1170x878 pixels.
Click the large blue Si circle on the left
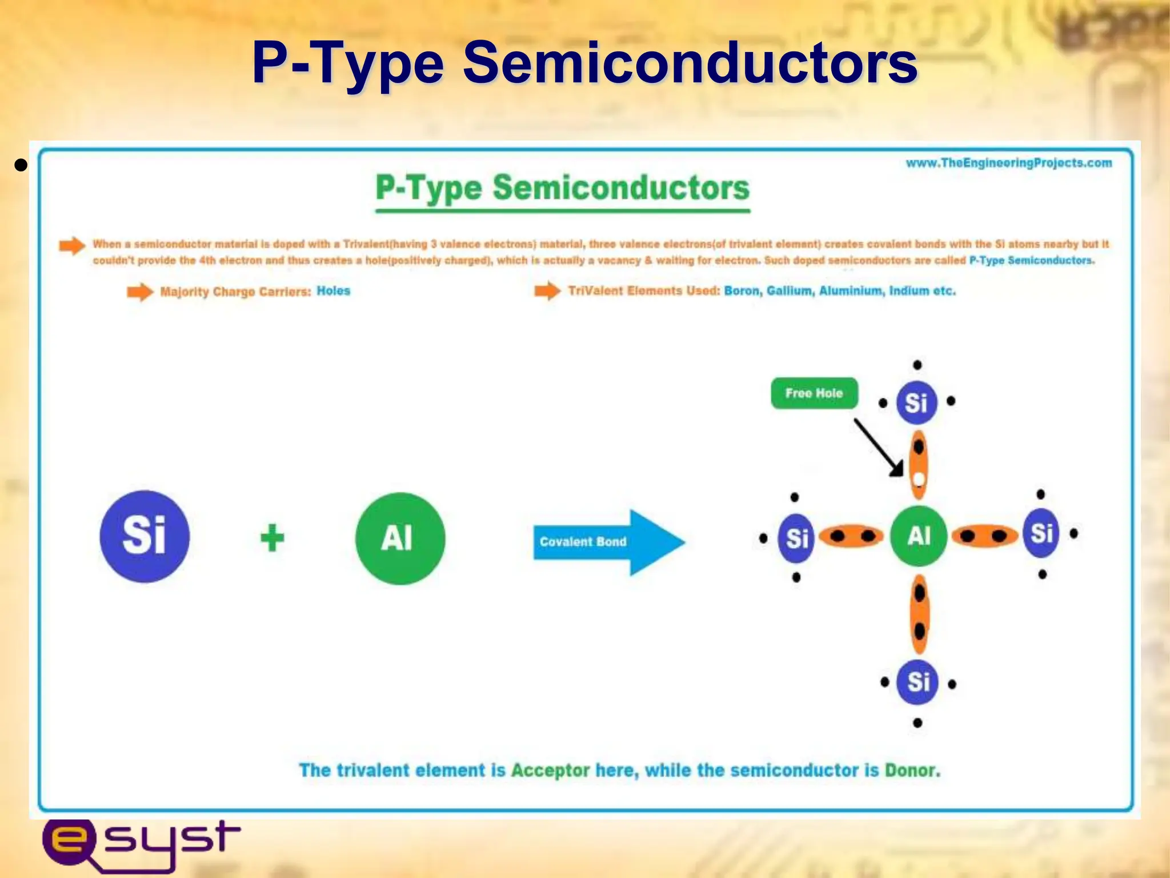[x=145, y=536]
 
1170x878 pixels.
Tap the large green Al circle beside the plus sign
[x=400, y=538]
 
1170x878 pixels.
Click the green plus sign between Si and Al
[x=272, y=538]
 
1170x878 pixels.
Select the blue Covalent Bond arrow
[x=606, y=542]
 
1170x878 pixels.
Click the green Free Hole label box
[x=814, y=393]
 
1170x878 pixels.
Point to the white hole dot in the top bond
[x=919, y=478]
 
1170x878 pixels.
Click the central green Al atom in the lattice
[x=919, y=536]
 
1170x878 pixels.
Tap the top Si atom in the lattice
[x=916, y=402]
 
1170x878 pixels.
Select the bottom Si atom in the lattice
[x=918, y=682]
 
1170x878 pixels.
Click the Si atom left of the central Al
[x=796, y=538]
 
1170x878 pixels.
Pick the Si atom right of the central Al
[x=1041, y=534]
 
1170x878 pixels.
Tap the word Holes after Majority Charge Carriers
[x=333, y=291]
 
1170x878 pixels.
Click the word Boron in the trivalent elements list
[x=742, y=291]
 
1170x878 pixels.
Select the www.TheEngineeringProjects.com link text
[x=1009, y=163]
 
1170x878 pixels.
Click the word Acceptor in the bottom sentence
[x=550, y=770]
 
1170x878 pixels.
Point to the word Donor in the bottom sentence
[x=911, y=770]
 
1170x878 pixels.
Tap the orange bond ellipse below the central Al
[x=919, y=613]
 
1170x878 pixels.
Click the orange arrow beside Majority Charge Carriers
[x=139, y=292]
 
